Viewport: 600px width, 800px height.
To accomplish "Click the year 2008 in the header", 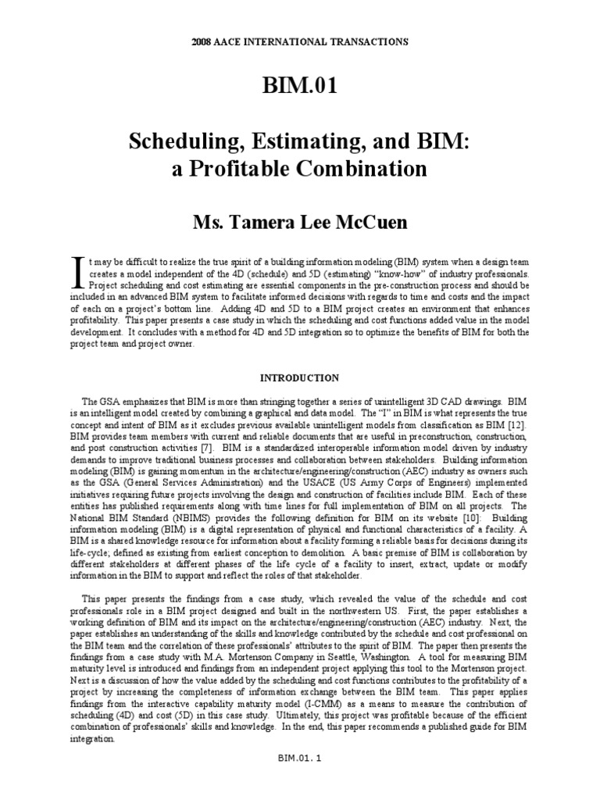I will tap(203, 41).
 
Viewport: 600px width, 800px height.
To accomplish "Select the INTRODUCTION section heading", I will tap(300, 378).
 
